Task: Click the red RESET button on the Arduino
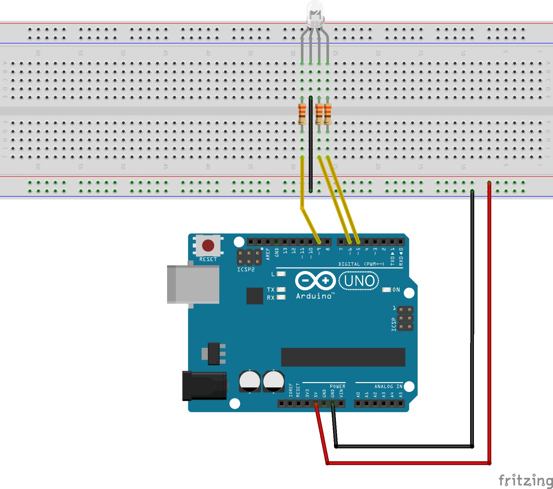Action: (x=208, y=246)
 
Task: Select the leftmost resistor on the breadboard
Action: (x=302, y=114)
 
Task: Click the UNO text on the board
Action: (x=359, y=281)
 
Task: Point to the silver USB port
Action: (x=193, y=284)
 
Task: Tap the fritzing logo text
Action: (x=525, y=480)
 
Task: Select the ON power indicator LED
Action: (x=386, y=290)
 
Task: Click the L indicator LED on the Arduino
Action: (x=281, y=274)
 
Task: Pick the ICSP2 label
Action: (x=246, y=270)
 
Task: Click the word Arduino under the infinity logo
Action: (x=314, y=296)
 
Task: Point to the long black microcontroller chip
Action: (x=343, y=357)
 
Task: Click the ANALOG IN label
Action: (x=388, y=387)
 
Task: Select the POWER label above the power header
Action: (x=337, y=387)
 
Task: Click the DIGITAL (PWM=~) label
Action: (x=361, y=264)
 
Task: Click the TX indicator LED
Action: (x=281, y=289)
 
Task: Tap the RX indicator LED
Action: (x=281, y=297)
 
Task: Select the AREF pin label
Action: (x=268, y=254)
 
